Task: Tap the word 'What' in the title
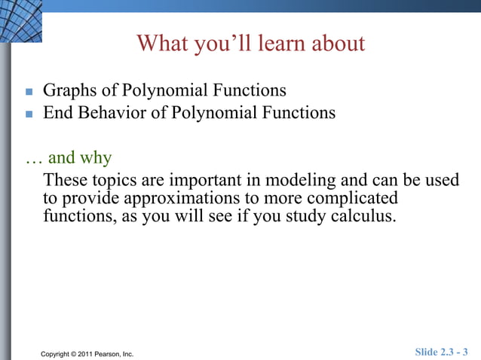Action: click(x=161, y=44)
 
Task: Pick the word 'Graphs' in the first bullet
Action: click(x=70, y=91)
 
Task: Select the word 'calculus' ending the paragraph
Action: click(x=364, y=218)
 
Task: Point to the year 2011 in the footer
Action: click(x=89, y=353)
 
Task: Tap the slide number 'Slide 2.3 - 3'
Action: click(x=441, y=352)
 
